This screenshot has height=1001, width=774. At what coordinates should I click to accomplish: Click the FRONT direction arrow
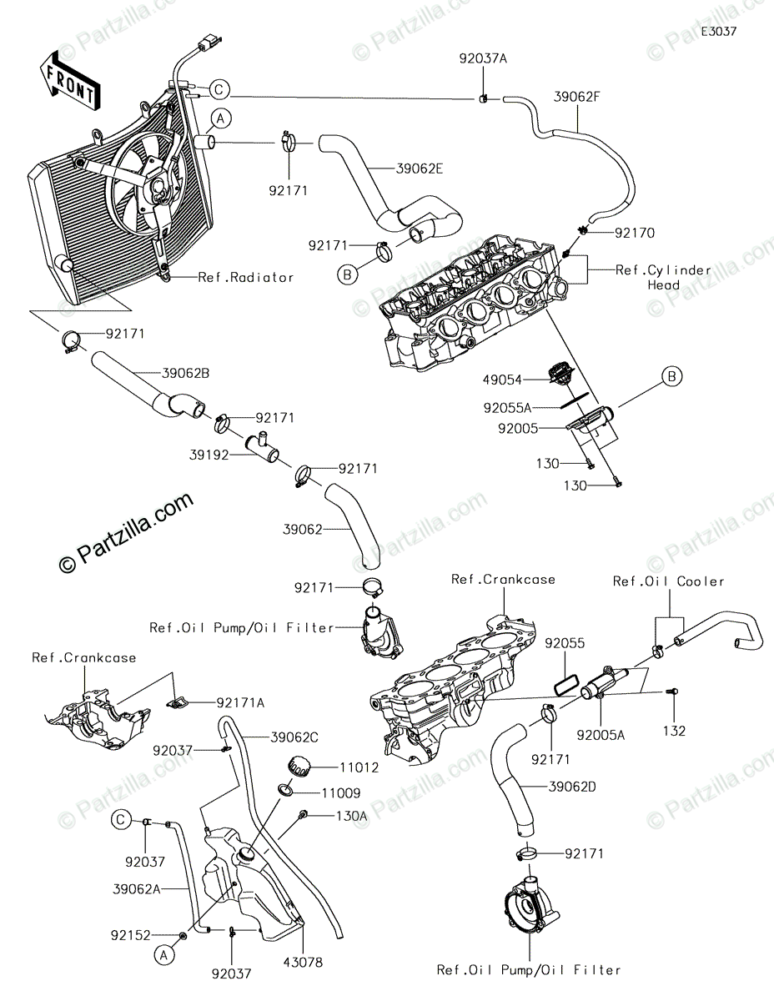70,81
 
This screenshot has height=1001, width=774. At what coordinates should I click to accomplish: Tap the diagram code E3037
719,31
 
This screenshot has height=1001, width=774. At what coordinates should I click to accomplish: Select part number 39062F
576,96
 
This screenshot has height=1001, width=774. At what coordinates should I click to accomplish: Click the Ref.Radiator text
245,277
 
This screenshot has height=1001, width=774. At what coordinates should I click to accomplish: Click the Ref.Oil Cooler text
668,581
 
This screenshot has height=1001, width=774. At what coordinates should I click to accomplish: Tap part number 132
674,731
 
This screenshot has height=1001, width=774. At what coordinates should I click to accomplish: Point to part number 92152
130,935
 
